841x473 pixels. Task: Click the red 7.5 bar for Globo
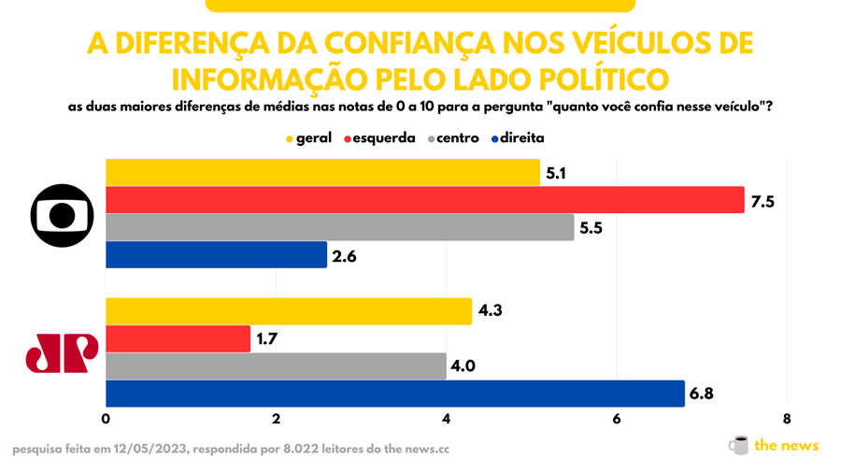point(424,200)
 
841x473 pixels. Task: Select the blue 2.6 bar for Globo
point(216,255)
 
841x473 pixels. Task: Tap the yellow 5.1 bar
point(322,173)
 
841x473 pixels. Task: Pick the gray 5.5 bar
point(339,228)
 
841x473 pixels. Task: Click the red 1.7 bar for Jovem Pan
point(178,338)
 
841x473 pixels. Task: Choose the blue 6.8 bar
point(394,394)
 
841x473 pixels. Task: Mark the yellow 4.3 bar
point(288,311)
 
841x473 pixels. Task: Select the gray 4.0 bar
point(276,366)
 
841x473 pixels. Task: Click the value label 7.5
point(763,201)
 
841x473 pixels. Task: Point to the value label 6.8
point(702,394)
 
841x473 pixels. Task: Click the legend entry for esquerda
point(379,138)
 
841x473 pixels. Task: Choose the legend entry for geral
point(308,138)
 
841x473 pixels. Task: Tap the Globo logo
point(63,215)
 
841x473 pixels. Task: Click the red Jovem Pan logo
point(62,352)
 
